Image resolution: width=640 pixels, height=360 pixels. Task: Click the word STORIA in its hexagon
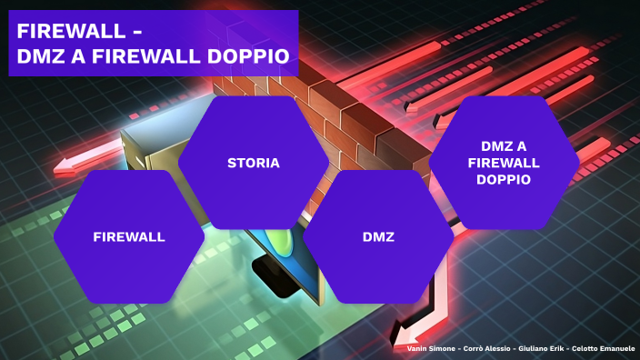(x=253, y=164)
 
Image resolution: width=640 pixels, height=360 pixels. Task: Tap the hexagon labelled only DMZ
(x=377, y=236)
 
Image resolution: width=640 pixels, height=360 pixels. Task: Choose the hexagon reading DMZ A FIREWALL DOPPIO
(x=503, y=163)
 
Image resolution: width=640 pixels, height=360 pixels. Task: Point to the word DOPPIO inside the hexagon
(x=503, y=180)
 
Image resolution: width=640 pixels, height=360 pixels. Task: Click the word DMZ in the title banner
(x=42, y=56)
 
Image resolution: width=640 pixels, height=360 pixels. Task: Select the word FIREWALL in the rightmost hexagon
(x=503, y=163)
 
